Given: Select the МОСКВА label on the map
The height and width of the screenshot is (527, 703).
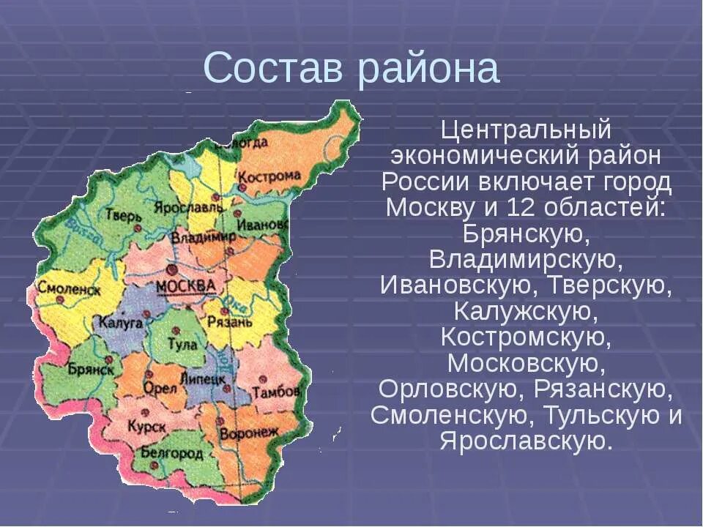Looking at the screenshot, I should pos(186,285).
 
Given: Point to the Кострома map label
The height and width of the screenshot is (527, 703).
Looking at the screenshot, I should pos(270,176).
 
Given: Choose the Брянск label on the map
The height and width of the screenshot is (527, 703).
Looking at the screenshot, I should pos(90,370).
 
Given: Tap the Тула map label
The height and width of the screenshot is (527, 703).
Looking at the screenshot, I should pos(180,344).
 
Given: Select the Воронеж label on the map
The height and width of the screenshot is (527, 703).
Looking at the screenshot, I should pos(248,433).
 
